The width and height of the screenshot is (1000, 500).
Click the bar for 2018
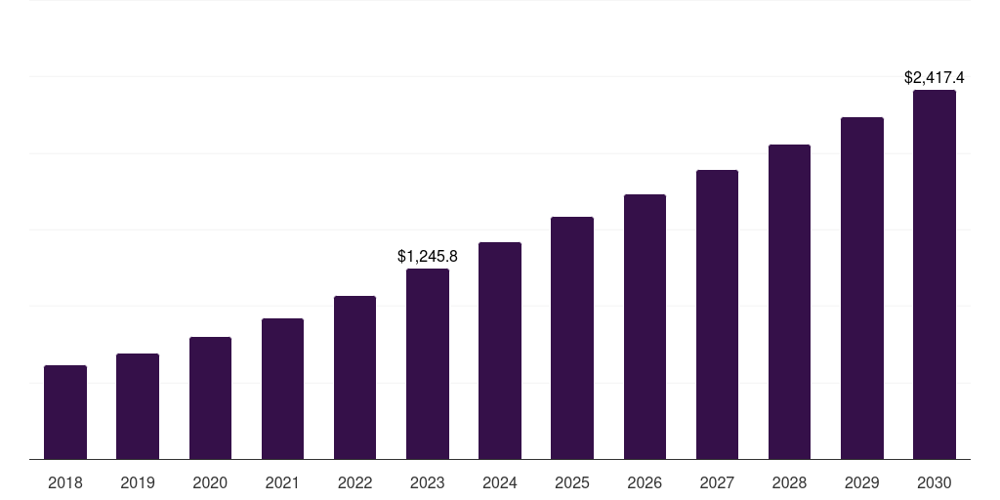click(x=65, y=412)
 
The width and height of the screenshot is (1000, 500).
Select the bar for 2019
click(x=138, y=406)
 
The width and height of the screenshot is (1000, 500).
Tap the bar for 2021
click(x=282, y=389)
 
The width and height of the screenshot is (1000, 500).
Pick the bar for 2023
click(x=428, y=363)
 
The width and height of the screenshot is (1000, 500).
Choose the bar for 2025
click(x=572, y=338)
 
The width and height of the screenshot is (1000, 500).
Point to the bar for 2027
click(x=717, y=314)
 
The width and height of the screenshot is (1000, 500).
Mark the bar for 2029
click(x=861, y=288)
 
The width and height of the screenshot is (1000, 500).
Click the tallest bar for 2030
click(x=934, y=274)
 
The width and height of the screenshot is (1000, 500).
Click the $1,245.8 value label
click(x=428, y=256)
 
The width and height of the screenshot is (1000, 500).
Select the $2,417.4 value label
click(x=934, y=77)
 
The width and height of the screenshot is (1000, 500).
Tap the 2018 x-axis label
click(x=65, y=482)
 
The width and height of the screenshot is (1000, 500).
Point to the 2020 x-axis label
click(x=210, y=482)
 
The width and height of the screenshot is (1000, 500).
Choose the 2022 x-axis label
click(x=354, y=482)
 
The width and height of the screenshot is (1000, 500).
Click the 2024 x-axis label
click(x=500, y=482)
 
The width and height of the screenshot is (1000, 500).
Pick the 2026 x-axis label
click(x=645, y=482)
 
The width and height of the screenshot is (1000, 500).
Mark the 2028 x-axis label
click(x=789, y=482)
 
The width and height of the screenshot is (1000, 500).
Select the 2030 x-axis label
click(x=934, y=482)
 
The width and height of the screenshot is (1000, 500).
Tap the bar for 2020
click(x=210, y=397)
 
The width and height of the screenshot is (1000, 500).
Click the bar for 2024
click(x=500, y=351)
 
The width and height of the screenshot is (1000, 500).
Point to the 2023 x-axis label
click(x=428, y=482)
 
